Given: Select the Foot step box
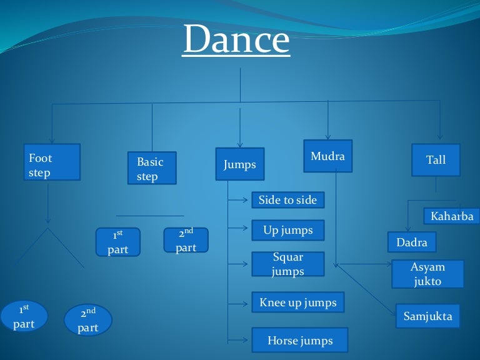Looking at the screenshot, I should click(52, 162).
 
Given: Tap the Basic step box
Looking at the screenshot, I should click(152, 168).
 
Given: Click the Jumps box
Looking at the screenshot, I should click(240, 164).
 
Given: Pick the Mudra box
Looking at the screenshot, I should click(327, 156).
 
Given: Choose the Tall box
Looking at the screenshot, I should click(436, 159).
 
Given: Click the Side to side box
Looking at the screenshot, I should click(288, 200).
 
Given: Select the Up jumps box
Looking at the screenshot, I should click(288, 230).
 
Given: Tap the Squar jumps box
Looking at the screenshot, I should click(288, 264).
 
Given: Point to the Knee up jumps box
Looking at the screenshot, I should click(297, 302).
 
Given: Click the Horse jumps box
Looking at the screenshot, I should click(300, 340).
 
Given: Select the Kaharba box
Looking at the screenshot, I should click(452, 216).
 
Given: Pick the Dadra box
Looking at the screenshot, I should click(412, 242).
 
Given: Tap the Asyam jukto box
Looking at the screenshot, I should click(427, 274).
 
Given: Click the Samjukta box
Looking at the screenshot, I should click(427, 316).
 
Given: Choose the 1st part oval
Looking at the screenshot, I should click(24, 316).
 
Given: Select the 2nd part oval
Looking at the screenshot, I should click(88, 319).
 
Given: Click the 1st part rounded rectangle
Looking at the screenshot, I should click(117, 242).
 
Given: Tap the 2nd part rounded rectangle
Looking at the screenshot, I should click(186, 240).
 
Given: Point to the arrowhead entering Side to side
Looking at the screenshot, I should click(248, 201).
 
